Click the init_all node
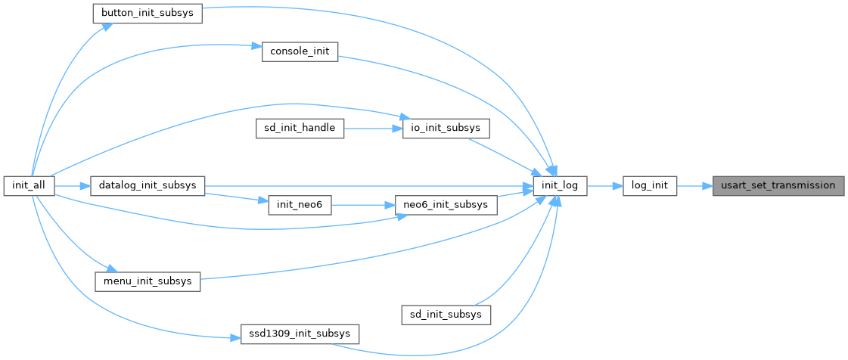point(28,186)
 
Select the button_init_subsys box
point(147,14)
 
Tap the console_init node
point(300,52)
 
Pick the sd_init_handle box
point(300,129)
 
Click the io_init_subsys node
point(446,129)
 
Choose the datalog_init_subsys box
point(148,186)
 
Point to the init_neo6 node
point(300,205)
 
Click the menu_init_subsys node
point(148,281)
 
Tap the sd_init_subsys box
point(446,313)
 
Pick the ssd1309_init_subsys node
point(300,333)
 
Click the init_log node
point(560,186)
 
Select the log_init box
point(650,186)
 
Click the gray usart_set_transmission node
point(778,186)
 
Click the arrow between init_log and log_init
point(604,186)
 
